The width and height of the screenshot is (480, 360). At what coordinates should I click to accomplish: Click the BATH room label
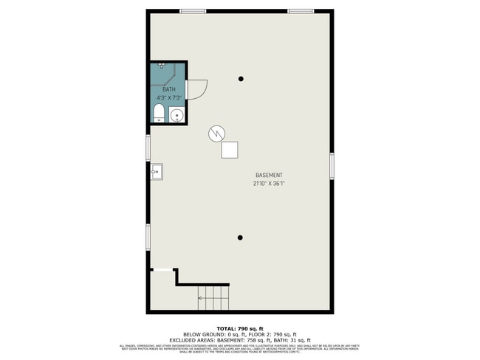coord(160,89)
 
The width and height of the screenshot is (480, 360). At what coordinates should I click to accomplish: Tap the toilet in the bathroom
coord(157,114)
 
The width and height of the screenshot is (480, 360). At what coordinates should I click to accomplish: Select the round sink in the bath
coord(176,115)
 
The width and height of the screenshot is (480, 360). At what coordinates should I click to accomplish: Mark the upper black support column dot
coord(241,79)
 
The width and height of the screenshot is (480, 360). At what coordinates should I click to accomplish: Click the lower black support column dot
coord(241,237)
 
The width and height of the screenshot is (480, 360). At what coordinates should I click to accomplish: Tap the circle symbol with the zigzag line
coord(216,133)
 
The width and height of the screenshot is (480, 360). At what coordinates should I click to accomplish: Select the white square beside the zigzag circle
coord(230,149)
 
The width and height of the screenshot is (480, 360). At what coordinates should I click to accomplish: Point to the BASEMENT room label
coord(268,175)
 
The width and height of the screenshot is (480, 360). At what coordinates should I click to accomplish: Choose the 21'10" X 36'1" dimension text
coord(268,184)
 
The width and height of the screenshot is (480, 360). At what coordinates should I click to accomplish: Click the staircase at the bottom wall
coord(213,298)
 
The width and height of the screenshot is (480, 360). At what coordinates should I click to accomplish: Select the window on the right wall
coord(332,165)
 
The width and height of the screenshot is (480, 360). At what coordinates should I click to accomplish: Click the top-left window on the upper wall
coord(193,11)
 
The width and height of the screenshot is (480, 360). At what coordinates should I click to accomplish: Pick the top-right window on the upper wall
coord(300,11)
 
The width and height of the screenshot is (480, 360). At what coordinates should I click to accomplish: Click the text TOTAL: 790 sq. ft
coord(240,328)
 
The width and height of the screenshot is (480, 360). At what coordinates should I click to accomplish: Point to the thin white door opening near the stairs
coord(163,270)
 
